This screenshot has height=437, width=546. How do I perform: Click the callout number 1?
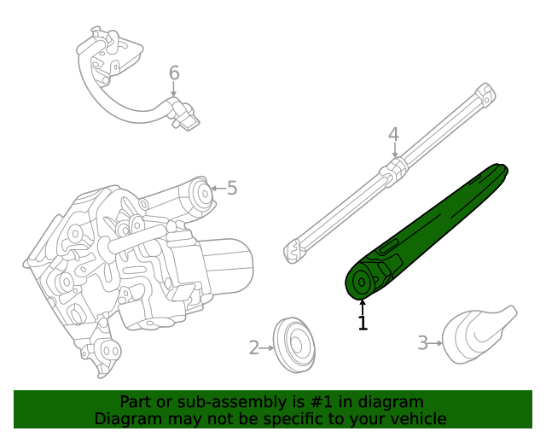tap(363, 323)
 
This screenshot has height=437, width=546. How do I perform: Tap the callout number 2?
tap(253, 347)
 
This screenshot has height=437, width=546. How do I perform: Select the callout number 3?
tap(422, 343)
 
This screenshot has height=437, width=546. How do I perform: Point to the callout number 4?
tap(393, 134)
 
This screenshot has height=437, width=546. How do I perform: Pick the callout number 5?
tap(231, 188)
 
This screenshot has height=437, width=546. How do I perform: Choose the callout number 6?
tap(174, 73)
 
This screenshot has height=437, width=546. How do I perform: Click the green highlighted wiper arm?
tap(427, 230)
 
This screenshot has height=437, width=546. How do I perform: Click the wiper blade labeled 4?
tap(392, 171)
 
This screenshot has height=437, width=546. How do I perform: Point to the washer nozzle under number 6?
tap(186, 116)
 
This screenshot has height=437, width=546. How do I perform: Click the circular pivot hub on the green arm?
tap(363, 282)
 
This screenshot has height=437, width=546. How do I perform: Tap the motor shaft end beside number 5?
tap(203, 195)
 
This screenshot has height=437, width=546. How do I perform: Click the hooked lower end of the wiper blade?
tap(292, 250)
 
